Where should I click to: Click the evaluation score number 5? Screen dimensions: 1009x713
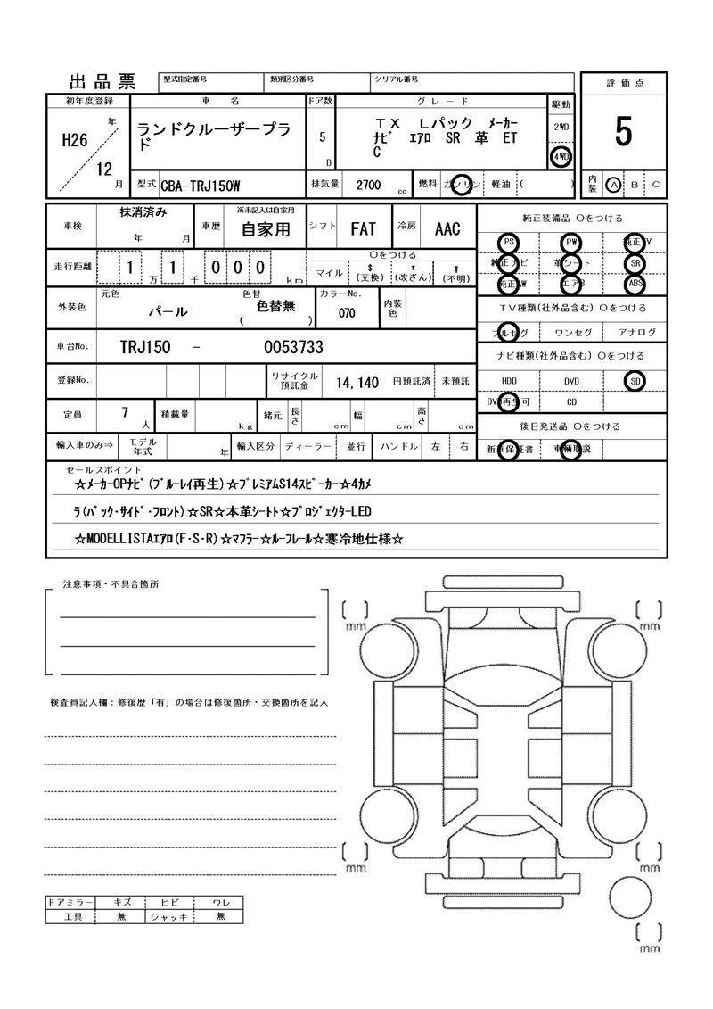(x=623, y=132)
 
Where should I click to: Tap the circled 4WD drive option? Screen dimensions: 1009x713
(x=561, y=156)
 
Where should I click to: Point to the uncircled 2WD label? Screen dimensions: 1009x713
(x=561, y=127)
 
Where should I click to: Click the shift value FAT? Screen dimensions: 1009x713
(x=363, y=229)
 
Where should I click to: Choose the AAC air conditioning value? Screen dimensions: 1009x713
(x=447, y=229)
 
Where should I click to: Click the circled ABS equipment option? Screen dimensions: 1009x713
(x=635, y=284)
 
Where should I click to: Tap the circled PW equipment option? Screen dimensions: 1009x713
(x=570, y=243)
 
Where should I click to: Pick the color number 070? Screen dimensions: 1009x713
(x=348, y=313)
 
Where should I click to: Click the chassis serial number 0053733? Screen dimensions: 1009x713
(x=293, y=347)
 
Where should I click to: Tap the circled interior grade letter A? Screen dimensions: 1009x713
(x=612, y=184)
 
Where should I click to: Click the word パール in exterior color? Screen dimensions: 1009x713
(x=167, y=312)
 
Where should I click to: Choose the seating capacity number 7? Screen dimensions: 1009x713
(x=125, y=412)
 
